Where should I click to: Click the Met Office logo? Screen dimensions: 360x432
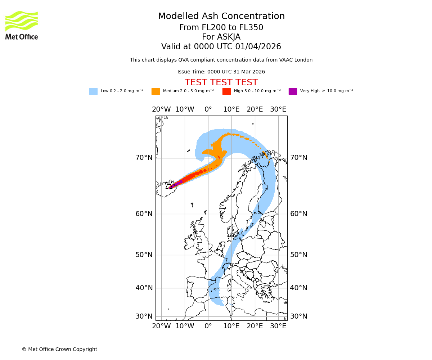tap(22, 25)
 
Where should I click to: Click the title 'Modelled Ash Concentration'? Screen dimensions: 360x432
tap(221, 17)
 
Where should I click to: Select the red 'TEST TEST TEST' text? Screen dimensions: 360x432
tap(221, 82)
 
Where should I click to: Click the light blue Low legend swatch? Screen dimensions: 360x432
tap(93, 91)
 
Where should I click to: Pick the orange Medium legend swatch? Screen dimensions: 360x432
tap(156, 91)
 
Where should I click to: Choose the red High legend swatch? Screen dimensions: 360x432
tap(226, 91)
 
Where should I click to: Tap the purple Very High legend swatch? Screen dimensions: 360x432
tap(293, 91)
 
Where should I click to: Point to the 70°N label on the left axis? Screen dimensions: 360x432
tap(144, 158)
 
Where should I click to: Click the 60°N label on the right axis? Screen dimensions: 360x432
tap(299, 214)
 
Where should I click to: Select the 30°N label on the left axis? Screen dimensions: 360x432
tap(144, 316)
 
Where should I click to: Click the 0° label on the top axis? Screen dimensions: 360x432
tap(208, 109)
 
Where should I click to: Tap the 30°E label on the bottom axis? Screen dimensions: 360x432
tap(278, 326)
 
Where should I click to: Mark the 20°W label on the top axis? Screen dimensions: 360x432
tap(161, 109)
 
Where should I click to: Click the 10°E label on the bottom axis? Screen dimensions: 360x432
tap(231, 326)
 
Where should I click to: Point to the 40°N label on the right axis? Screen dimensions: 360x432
tap(299, 288)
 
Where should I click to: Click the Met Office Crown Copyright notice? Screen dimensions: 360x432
tap(59, 349)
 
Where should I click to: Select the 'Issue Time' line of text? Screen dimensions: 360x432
tap(221, 72)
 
